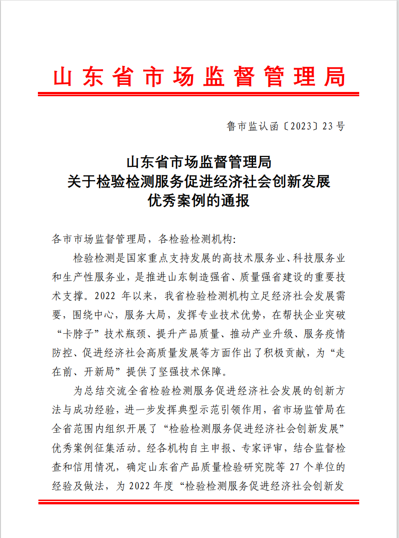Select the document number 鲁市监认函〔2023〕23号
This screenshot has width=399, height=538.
click(x=286, y=126)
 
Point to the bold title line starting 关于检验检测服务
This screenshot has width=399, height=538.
click(x=199, y=182)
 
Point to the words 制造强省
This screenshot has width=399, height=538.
click(x=224, y=277)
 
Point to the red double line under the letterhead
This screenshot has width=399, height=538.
click(x=199, y=94)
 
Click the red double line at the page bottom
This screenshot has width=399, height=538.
click(x=199, y=502)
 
